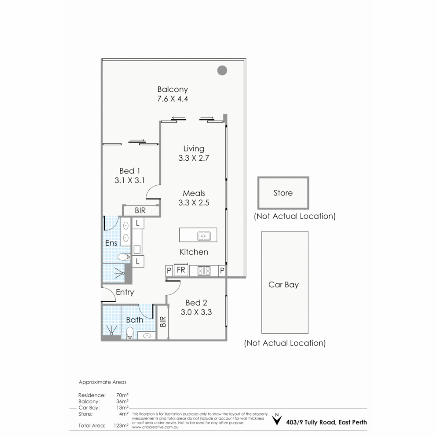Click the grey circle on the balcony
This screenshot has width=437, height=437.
[x=222, y=70]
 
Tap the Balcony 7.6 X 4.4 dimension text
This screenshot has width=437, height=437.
[x=173, y=99]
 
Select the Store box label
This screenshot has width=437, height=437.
[x=283, y=193]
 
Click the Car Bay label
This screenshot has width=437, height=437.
[x=283, y=284]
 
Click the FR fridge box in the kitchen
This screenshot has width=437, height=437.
[x=181, y=270]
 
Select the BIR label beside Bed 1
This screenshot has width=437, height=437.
[x=140, y=211]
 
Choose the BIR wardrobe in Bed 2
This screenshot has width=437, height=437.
[x=163, y=322]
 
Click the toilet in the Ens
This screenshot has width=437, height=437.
[x=122, y=256]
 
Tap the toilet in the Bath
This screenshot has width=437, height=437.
[x=129, y=333]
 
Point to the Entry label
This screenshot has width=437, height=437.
[x=125, y=292]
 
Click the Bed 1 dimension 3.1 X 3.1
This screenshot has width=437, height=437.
[x=129, y=180]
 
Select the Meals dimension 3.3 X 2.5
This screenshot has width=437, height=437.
[x=193, y=203]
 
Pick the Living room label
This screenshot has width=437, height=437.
[x=193, y=148]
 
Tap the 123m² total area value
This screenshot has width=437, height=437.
[x=122, y=425]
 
